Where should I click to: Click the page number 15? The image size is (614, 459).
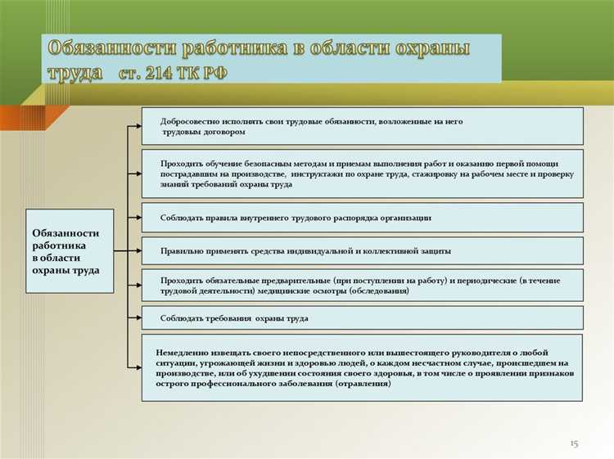pos(573,443)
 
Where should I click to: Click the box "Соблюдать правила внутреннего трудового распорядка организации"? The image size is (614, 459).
pos(362,218)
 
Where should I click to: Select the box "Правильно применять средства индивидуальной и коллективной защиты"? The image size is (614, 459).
pos(362,251)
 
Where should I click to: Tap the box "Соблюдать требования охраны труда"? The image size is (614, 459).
pos(362,317)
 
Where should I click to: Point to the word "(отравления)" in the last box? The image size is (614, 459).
pos(363,384)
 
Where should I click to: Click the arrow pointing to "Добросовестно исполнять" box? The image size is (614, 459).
pos(134,126)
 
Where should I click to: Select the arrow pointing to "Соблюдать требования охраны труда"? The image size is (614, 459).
pos(134,317)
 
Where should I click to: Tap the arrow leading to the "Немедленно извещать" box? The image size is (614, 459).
pos(134,367)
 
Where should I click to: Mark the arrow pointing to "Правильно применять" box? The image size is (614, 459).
pos(134,251)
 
